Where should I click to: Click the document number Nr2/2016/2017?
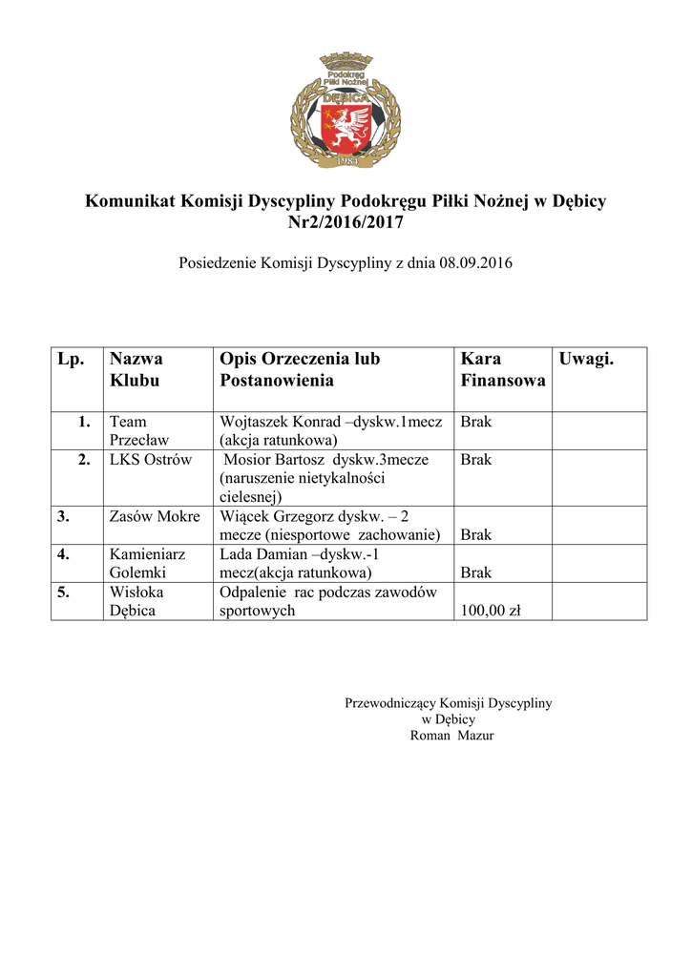(346, 223)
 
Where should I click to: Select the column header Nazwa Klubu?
(136, 369)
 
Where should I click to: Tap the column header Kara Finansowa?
(503, 369)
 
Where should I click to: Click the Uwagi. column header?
(586, 359)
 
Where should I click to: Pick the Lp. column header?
(72, 359)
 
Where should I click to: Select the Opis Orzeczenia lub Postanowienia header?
(300, 369)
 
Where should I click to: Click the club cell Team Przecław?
(135, 430)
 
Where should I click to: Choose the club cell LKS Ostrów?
(151, 460)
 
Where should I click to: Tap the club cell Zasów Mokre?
(155, 516)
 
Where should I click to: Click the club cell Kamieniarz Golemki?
(147, 563)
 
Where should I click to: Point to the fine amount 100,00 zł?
(491, 611)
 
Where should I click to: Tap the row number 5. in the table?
(63, 592)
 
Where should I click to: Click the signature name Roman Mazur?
(451, 736)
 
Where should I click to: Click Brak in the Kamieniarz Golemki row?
(475, 572)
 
